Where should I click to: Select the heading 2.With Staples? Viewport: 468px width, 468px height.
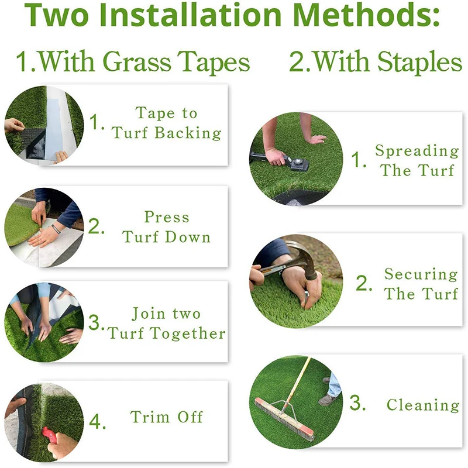point(376,62)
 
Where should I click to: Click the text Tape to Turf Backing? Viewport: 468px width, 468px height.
point(167,123)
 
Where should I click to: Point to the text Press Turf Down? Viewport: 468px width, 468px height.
point(167,227)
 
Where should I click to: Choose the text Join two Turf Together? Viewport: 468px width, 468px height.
point(167,324)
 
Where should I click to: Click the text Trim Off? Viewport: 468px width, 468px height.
point(167,417)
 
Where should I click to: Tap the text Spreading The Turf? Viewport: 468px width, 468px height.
point(417,160)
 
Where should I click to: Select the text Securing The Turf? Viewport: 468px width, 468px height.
point(421,284)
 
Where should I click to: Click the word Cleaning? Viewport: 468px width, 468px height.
point(422,405)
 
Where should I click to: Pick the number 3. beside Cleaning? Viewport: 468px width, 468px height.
point(358,404)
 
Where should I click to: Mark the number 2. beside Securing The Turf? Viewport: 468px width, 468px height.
point(364,284)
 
